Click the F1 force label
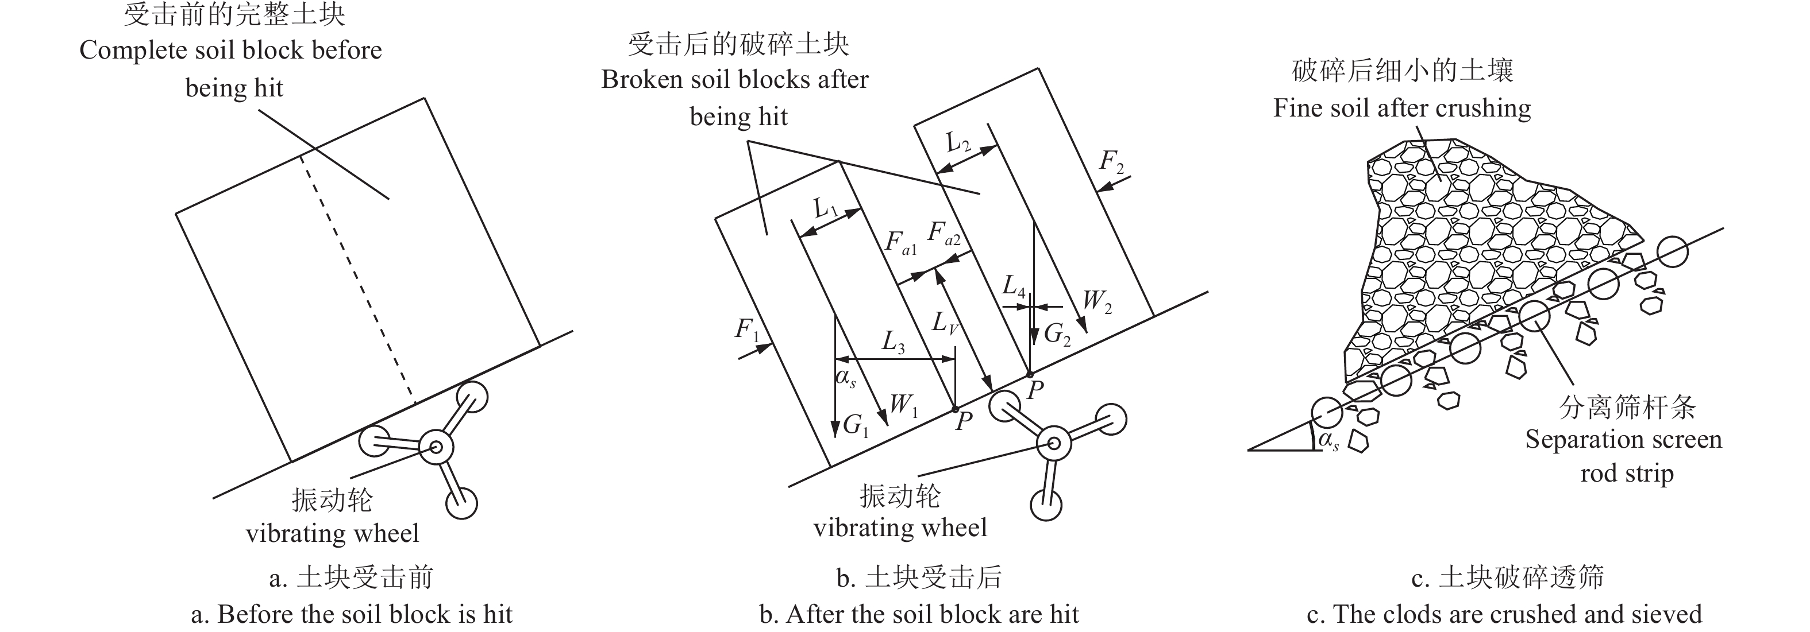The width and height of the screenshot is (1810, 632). point(748,330)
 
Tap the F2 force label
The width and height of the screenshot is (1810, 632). point(1112,163)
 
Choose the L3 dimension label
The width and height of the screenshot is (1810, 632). point(893,343)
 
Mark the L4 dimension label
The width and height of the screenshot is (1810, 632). point(1014,286)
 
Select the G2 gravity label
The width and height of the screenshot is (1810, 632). point(1057,334)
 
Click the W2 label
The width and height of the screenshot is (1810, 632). point(1097,301)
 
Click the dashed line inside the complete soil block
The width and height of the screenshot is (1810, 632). point(359,281)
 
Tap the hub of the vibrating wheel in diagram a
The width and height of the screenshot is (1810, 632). point(436,447)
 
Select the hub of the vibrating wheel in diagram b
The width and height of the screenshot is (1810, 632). point(1054,443)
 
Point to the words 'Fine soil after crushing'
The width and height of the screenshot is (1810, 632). point(1402,108)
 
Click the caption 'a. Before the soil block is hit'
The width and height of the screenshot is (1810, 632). point(351,614)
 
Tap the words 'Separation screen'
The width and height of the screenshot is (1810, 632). point(1623,440)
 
